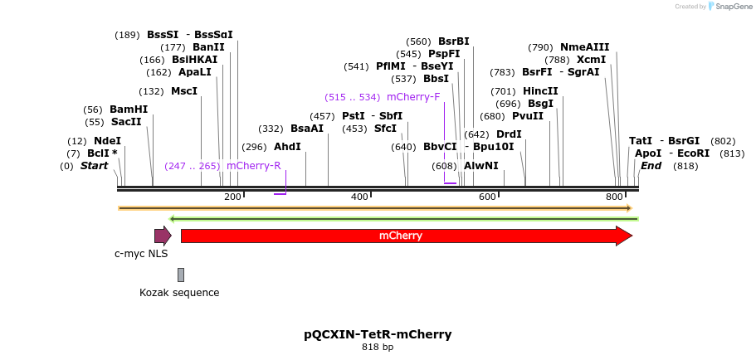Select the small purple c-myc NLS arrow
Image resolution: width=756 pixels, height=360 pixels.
click(163, 236)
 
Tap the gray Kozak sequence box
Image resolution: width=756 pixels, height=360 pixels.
click(181, 275)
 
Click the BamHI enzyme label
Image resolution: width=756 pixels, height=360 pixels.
click(129, 109)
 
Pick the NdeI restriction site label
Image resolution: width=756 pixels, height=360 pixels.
click(107, 141)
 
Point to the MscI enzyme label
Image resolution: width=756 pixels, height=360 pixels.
click(184, 91)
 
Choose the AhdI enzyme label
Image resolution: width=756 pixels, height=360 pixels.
click(287, 147)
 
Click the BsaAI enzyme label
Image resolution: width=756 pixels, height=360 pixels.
click(307, 129)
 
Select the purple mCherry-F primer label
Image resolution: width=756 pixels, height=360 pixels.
click(413, 97)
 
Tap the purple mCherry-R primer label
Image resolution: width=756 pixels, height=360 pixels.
click(254, 166)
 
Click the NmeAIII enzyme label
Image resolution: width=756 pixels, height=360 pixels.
click(584, 47)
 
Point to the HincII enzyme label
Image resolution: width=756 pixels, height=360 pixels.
click(540, 91)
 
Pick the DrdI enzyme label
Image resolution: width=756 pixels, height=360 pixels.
click(509, 134)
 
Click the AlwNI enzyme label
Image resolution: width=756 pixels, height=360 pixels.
click(481, 166)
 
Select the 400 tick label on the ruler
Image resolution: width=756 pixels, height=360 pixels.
click(360, 197)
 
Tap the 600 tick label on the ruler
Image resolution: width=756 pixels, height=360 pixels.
click(487, 197)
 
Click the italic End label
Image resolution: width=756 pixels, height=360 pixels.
click(651, 166)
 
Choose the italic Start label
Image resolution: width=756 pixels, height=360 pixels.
click(94, 166)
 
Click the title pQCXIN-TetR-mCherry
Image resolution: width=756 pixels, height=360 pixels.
click(378, 334)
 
